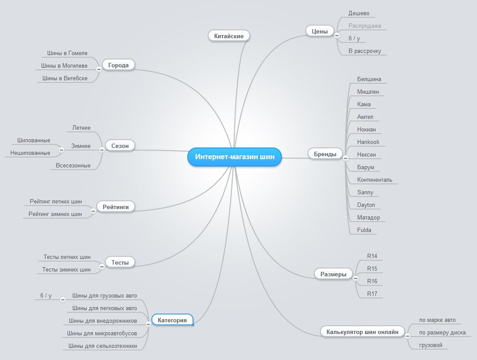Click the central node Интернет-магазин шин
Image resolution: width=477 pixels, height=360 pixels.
click(x=235, y=157)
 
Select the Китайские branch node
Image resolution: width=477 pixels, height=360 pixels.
click(x=229, y=36)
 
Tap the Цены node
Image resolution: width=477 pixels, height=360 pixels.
click(x=320, y=31)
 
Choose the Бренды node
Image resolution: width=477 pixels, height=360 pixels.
click(x=325, y=154)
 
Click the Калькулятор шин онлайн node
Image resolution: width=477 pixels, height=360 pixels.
click(x=363, y=332)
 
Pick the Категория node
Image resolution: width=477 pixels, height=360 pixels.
click(x=172, y=320)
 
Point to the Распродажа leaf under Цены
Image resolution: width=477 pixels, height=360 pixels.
click(x=365, y=26)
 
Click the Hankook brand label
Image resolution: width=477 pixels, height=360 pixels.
click(x=368, y=142)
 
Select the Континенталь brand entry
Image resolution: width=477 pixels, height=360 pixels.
click(x=375, y=180)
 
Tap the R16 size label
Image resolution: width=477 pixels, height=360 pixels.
click(x=372, y=281)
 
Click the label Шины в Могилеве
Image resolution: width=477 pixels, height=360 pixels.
click(x=64, y=65)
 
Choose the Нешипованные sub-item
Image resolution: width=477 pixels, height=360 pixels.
click(x=30, y=153)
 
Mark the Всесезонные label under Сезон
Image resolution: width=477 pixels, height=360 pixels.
click(x=73, y=165)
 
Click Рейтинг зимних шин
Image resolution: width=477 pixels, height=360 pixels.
click(x=55, y=214)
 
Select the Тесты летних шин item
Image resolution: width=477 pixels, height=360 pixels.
click(x=67, y=257)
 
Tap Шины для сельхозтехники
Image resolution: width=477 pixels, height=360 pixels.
click(x=102, y=346)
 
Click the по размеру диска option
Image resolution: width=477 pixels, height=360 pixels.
click(x=442, y=333)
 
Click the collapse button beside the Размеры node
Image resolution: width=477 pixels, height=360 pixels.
click(x=355, y=278)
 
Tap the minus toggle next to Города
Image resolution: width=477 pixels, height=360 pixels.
click(x=98, y=69)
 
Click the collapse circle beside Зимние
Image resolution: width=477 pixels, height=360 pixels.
click(x=62, y=150)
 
